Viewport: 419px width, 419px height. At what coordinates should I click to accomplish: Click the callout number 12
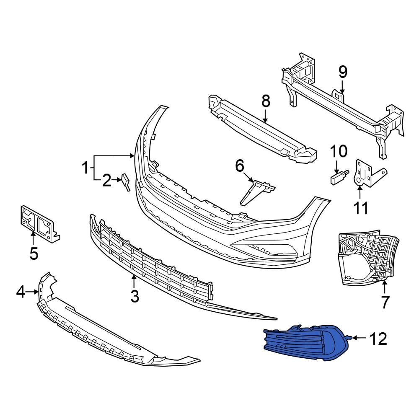(x=378, y=339)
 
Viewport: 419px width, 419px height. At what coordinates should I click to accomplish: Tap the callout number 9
(x=343, y=73)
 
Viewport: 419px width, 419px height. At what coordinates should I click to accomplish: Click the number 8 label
(x=266, y=102)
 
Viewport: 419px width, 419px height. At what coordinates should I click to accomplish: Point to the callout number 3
(x=134, y=296)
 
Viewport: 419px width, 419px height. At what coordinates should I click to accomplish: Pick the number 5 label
(x=34, y=253)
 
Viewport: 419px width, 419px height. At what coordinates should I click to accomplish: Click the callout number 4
(x=21, y=292)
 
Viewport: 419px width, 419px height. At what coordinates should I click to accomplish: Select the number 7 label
(x=385, y=301)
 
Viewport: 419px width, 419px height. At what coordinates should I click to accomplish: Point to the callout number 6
(x=239, y=166)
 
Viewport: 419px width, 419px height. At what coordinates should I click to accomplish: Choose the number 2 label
(x=106, y=181)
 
